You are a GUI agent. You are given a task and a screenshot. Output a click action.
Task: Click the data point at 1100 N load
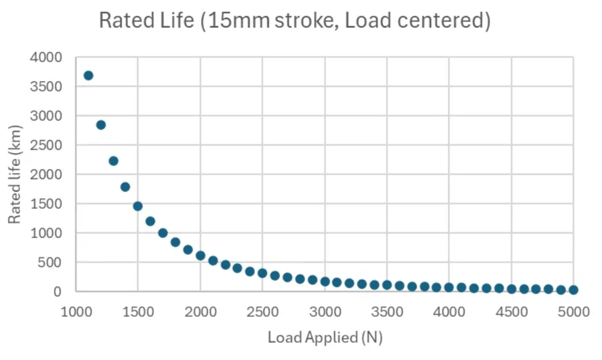point(88,75)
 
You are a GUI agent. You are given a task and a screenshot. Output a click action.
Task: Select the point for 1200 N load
point(101,125)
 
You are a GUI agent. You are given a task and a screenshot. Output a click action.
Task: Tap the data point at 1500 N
point(138,206)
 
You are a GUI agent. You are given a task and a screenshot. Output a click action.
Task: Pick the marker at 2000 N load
point(201,255)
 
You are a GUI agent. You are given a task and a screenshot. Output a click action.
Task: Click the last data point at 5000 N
point(573,290)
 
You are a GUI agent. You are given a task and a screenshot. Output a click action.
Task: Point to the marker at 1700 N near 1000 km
point(163,233)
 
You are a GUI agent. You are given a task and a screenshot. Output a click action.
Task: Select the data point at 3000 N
point(325,282)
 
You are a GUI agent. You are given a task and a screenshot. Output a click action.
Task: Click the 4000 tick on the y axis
point(45,58)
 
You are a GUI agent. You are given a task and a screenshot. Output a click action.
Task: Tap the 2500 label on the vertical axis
point(45,145)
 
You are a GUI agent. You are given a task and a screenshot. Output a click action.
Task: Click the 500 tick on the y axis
point(50,262)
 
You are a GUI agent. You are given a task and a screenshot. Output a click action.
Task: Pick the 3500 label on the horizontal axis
point(387,312)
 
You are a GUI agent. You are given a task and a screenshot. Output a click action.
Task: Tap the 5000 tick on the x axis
point(573,312)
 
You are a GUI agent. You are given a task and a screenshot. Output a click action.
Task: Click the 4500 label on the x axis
point(511,312)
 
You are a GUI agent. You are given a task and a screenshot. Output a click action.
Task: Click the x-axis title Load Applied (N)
point(325,337)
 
